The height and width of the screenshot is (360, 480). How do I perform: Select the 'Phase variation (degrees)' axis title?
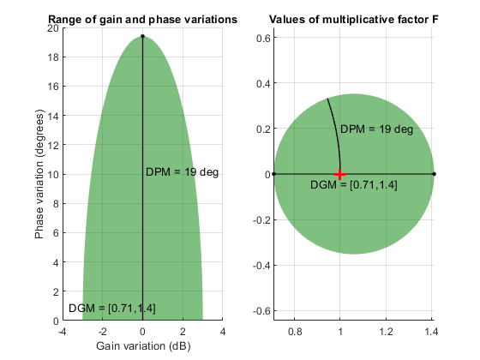pyautogui.click(x=39, y=174)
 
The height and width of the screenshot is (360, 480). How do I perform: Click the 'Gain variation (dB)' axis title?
pyautogui.click(x=142, y=345)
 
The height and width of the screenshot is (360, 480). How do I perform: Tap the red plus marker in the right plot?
pyautogui.click(x=340, y=174)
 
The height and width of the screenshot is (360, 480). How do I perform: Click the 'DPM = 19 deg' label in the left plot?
pyautogui.click(x=182, y=173)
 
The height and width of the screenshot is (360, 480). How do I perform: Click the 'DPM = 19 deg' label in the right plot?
pyautogui.click(x=377, y=129)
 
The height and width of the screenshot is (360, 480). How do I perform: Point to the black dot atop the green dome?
pyautogui.click(x=142, y=37)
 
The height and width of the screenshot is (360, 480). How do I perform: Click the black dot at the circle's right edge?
pyautogui.click(x=434, y=174)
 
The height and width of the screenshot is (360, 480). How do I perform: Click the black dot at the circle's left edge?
pyautogui.click(x=274, y=174)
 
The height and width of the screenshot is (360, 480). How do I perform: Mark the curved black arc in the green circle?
pyautogui.click(x=335, y=129)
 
